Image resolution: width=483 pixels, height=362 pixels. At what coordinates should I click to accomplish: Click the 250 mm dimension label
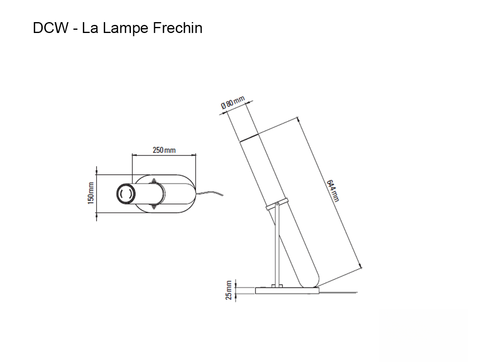pos(164,150)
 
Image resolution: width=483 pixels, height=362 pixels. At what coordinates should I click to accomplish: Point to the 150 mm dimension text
pos(91,193)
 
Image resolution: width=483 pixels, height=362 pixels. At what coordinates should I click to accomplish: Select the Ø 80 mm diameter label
pos(233,103)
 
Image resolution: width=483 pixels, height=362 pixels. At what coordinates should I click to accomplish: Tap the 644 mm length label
pos(333,190)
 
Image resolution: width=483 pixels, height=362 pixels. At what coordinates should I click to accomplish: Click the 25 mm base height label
pos(229,290)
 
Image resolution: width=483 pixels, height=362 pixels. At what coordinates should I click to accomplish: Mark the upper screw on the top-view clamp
pos(153,181)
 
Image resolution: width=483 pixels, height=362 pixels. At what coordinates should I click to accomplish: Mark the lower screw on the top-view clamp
pos(153,208)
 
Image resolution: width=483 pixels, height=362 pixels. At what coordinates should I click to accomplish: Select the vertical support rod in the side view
pos(275,245)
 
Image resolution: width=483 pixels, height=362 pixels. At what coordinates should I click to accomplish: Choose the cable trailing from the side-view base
pos(338,292)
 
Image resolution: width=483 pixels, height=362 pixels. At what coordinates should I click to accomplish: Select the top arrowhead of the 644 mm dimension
pos(298,119)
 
